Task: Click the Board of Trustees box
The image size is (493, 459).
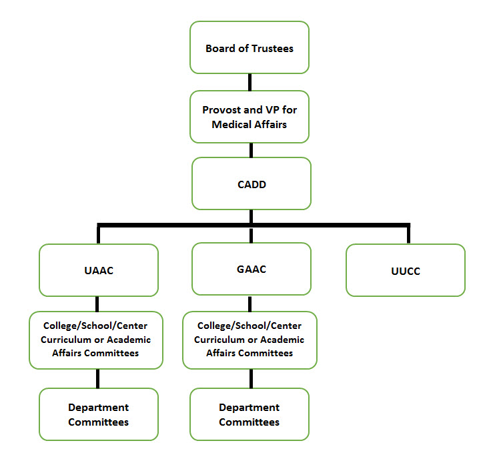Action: (250, 47)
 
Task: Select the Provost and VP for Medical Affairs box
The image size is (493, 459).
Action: (250, 116)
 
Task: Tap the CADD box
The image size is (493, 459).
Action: (251, 183)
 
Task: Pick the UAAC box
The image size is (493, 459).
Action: (99, 270)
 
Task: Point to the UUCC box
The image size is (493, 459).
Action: (405, 270)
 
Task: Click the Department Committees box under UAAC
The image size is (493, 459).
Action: (99, 414)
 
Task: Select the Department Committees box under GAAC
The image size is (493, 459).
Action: (250, 414)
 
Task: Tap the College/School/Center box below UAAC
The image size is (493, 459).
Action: (96, 340)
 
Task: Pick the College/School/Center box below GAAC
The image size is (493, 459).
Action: (250, 340)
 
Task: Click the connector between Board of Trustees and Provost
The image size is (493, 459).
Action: (250, 82)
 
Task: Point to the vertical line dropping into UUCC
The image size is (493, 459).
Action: (408, 235)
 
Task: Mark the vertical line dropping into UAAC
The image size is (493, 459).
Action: (99, 235)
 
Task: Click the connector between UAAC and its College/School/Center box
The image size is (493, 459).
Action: (99, 304)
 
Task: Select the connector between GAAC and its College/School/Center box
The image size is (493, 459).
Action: (251, 303)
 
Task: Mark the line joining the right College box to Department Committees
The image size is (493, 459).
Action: (251, 378)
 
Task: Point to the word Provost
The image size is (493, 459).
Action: (221, 109)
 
